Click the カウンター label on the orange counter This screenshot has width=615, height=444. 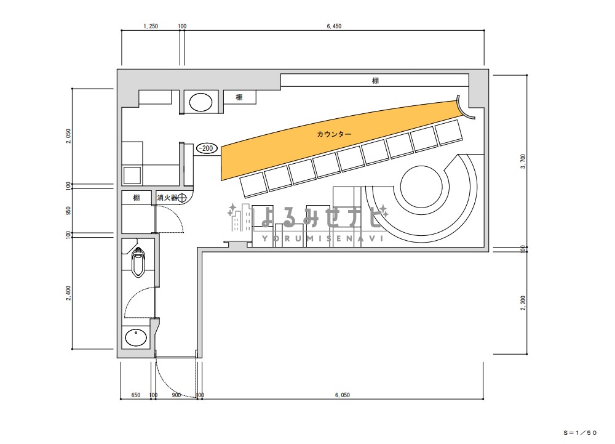pyautogui.click(x=334, y=134)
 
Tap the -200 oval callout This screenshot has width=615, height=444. pyautogui.click(x=207, y=148)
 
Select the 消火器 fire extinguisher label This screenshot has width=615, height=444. pyautogui.click(x=167, y=198)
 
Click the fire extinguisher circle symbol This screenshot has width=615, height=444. pyautogui.click(x=182, y=198)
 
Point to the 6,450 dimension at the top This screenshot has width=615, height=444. pyautogui.click(x=334, y=26)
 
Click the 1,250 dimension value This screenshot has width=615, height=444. pyautogui.click(x=151, y=26)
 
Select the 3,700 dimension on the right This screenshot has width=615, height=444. pyautogui.click(x=523, y=161)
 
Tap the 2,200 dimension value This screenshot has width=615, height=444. pyautogui.click(x=523, y=303)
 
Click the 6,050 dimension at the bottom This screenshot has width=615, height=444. pyautogui.click(x=343, y=395)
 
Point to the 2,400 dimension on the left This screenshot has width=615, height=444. pyautogui.click(x=69, y=293)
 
